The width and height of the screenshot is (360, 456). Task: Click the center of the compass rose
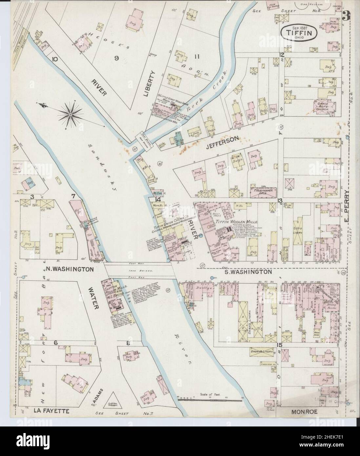tap(70, 114)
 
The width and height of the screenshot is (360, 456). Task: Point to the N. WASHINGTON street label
tap(69, 269)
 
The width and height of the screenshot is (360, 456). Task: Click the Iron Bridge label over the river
tap(138, 271)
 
